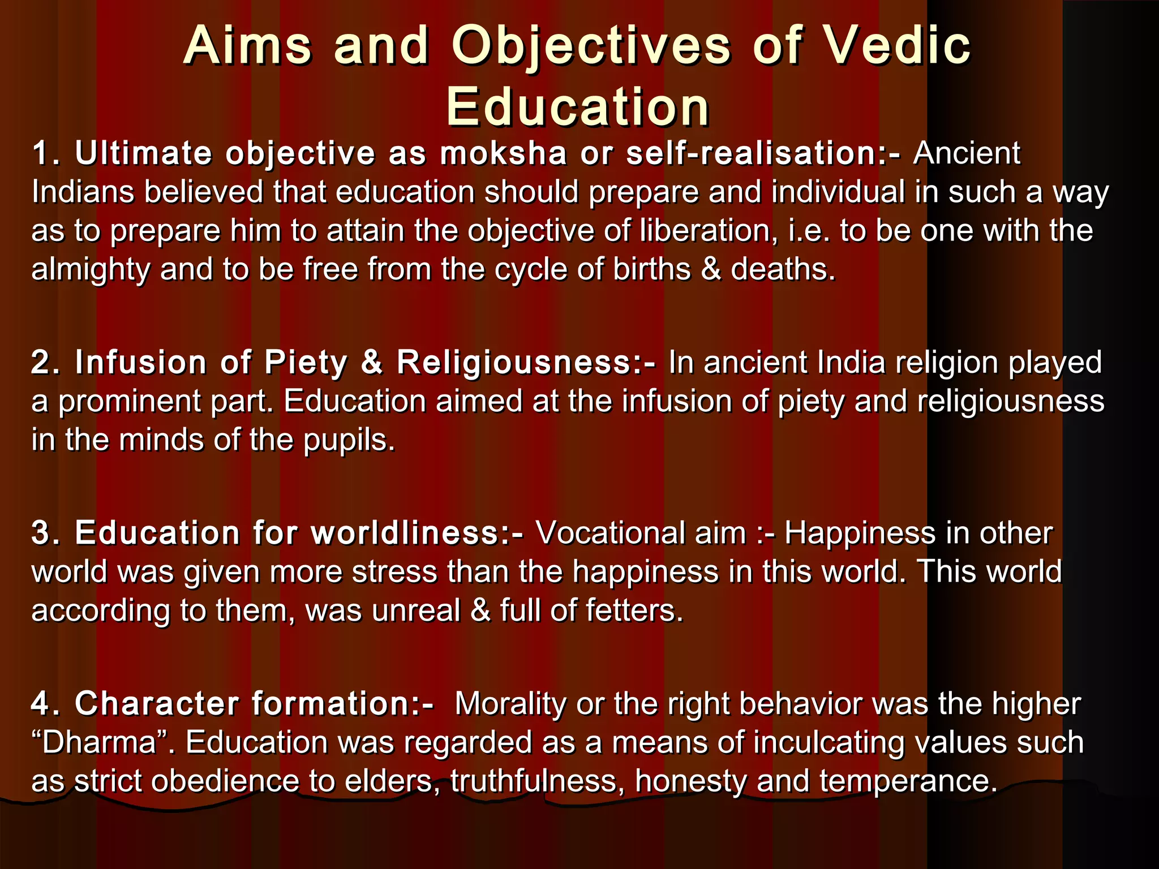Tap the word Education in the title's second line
click(577, 107)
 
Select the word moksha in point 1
click(503, 154)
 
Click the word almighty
click(91, 270)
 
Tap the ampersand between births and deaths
click(711, 269)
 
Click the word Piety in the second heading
click(305, 363)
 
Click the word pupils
click(349, 441)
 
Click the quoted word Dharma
click(99, 743)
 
